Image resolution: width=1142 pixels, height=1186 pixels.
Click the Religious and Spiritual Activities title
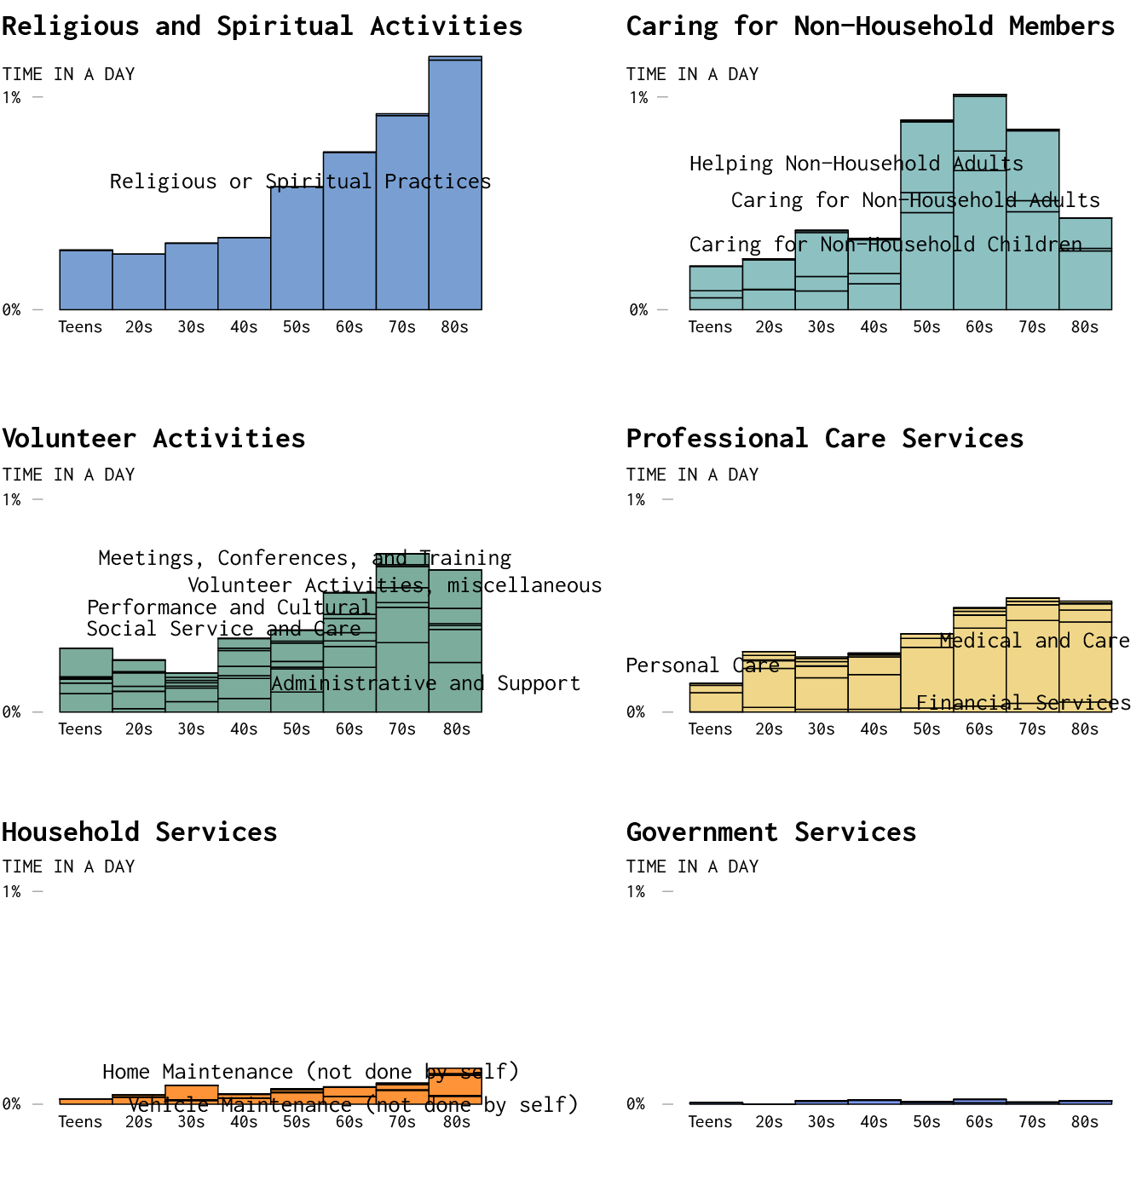click(262, 26)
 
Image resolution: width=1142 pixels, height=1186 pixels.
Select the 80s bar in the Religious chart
click(455, 183)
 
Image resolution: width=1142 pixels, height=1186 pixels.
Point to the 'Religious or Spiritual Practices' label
click(300, 181)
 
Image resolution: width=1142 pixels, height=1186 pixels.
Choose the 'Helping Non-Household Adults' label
click(856, 164)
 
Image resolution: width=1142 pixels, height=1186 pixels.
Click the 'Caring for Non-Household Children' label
click(885, 245)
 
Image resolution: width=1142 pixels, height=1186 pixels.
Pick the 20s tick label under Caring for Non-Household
click(769, 327)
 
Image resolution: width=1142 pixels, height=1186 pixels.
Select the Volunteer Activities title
click(153, 439)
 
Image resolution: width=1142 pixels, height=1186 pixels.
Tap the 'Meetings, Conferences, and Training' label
click(304, 558)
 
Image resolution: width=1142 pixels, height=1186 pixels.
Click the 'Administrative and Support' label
click(425, 683)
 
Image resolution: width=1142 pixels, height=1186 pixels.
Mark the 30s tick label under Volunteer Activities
click(191, 729)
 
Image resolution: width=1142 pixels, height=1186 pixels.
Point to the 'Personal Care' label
click(702, 665)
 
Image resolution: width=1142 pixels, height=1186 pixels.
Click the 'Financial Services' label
click(1023, 703)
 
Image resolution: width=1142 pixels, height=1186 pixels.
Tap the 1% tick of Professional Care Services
click(636, 500)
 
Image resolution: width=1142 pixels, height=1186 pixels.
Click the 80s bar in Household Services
click(455, 1086)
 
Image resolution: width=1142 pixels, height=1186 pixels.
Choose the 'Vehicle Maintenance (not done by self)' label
click(353, 1105)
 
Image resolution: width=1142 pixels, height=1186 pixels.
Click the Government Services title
click(770, 832)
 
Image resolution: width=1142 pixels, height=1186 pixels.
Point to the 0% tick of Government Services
click(636, 1104)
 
